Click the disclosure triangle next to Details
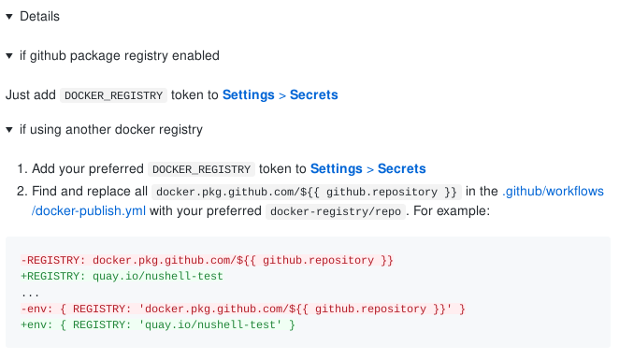tap(9, 17)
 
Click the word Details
tap(39, 17)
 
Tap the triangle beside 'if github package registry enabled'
tap(9, 56)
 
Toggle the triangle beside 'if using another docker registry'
tap(9, 130)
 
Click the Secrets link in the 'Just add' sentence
tap(313, 94)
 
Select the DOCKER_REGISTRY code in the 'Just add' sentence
tap(114, 95)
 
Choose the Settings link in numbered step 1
tap(336, 169)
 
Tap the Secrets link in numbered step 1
tap(401, 169)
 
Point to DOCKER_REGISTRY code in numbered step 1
tap(202, 170)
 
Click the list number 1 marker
tap(22, 169)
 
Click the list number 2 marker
tap(22, 191)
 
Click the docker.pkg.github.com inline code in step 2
tap(308, 192)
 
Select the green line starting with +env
tap(157, 324)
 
